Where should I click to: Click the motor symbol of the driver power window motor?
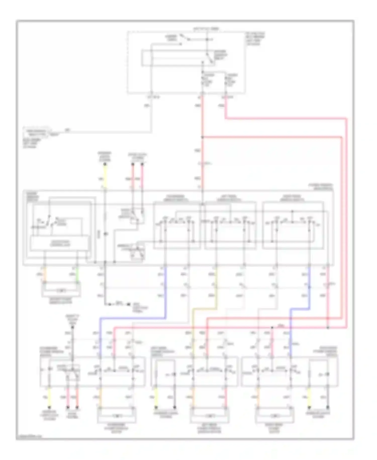coord(61,291)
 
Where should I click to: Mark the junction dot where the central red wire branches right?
coord(202,137)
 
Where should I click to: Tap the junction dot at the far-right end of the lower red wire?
coord(328,328)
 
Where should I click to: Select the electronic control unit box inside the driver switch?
coord(60,243)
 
